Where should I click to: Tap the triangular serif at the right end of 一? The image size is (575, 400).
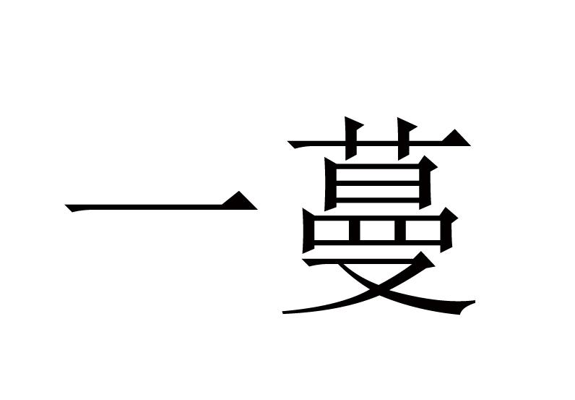(241, 201)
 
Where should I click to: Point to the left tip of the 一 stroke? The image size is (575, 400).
(66, 205)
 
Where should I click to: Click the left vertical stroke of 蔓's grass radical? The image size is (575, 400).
(351, 139)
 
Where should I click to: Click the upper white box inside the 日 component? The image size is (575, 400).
(377, 174)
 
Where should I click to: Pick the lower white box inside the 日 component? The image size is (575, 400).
(377, 192)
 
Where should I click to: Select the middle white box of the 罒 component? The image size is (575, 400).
(377, 230)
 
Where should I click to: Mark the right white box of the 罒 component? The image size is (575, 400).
(423, 230)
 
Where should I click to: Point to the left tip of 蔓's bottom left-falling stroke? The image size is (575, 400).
(283, 312)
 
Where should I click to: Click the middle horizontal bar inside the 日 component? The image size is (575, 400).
(378, 183)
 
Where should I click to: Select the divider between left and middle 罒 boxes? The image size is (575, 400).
(354, 230)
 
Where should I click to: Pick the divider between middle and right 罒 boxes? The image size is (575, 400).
(399, 230)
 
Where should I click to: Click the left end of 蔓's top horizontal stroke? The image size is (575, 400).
(290, 142)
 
